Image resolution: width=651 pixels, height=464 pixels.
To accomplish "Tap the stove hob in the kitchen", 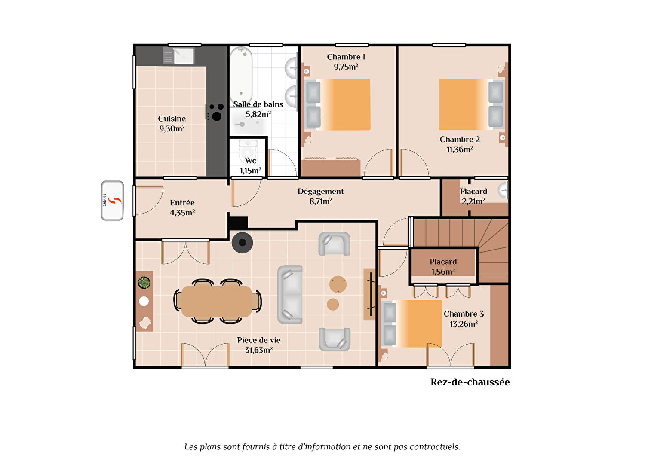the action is [x=215, y=112].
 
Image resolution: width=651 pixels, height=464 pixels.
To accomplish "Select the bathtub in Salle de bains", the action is [x=241, y=76].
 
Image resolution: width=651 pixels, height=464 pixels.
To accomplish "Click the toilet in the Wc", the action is [x=248, y=150].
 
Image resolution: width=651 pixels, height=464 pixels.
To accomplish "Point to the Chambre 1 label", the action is [x=346, y=57].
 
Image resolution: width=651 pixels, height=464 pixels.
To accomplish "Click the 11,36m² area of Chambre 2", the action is [x=460, y=149].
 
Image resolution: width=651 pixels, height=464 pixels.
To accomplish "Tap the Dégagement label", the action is [x=321, y=191].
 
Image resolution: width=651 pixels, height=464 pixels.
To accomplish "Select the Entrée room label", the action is [x=182, y=202].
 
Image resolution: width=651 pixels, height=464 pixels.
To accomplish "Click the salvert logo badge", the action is [x=113, y=201].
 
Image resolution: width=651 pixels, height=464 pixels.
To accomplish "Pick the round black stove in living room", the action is [x=243, y=243].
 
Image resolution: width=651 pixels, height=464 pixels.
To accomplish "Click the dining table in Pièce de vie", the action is [x=217, y=301].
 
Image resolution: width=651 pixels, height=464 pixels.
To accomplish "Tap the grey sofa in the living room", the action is [x=290, y=294].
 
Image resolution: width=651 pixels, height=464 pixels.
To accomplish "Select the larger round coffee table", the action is [x=338, y=284].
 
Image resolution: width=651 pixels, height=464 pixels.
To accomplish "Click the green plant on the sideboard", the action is [x=144, y=283].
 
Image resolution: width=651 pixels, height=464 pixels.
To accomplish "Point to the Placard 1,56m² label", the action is [x=443, y=266].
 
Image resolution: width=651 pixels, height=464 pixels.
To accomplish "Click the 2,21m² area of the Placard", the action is [x=473, y=201].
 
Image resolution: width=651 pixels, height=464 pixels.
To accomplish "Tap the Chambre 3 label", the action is [x=464, y=314].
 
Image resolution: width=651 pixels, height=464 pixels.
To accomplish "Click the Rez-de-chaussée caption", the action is [x=470, y=382].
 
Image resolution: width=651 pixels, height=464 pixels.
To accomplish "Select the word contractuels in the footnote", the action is [x=435, y=446].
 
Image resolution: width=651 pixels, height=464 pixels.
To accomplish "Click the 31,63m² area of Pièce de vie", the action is [x=259, y=350].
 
